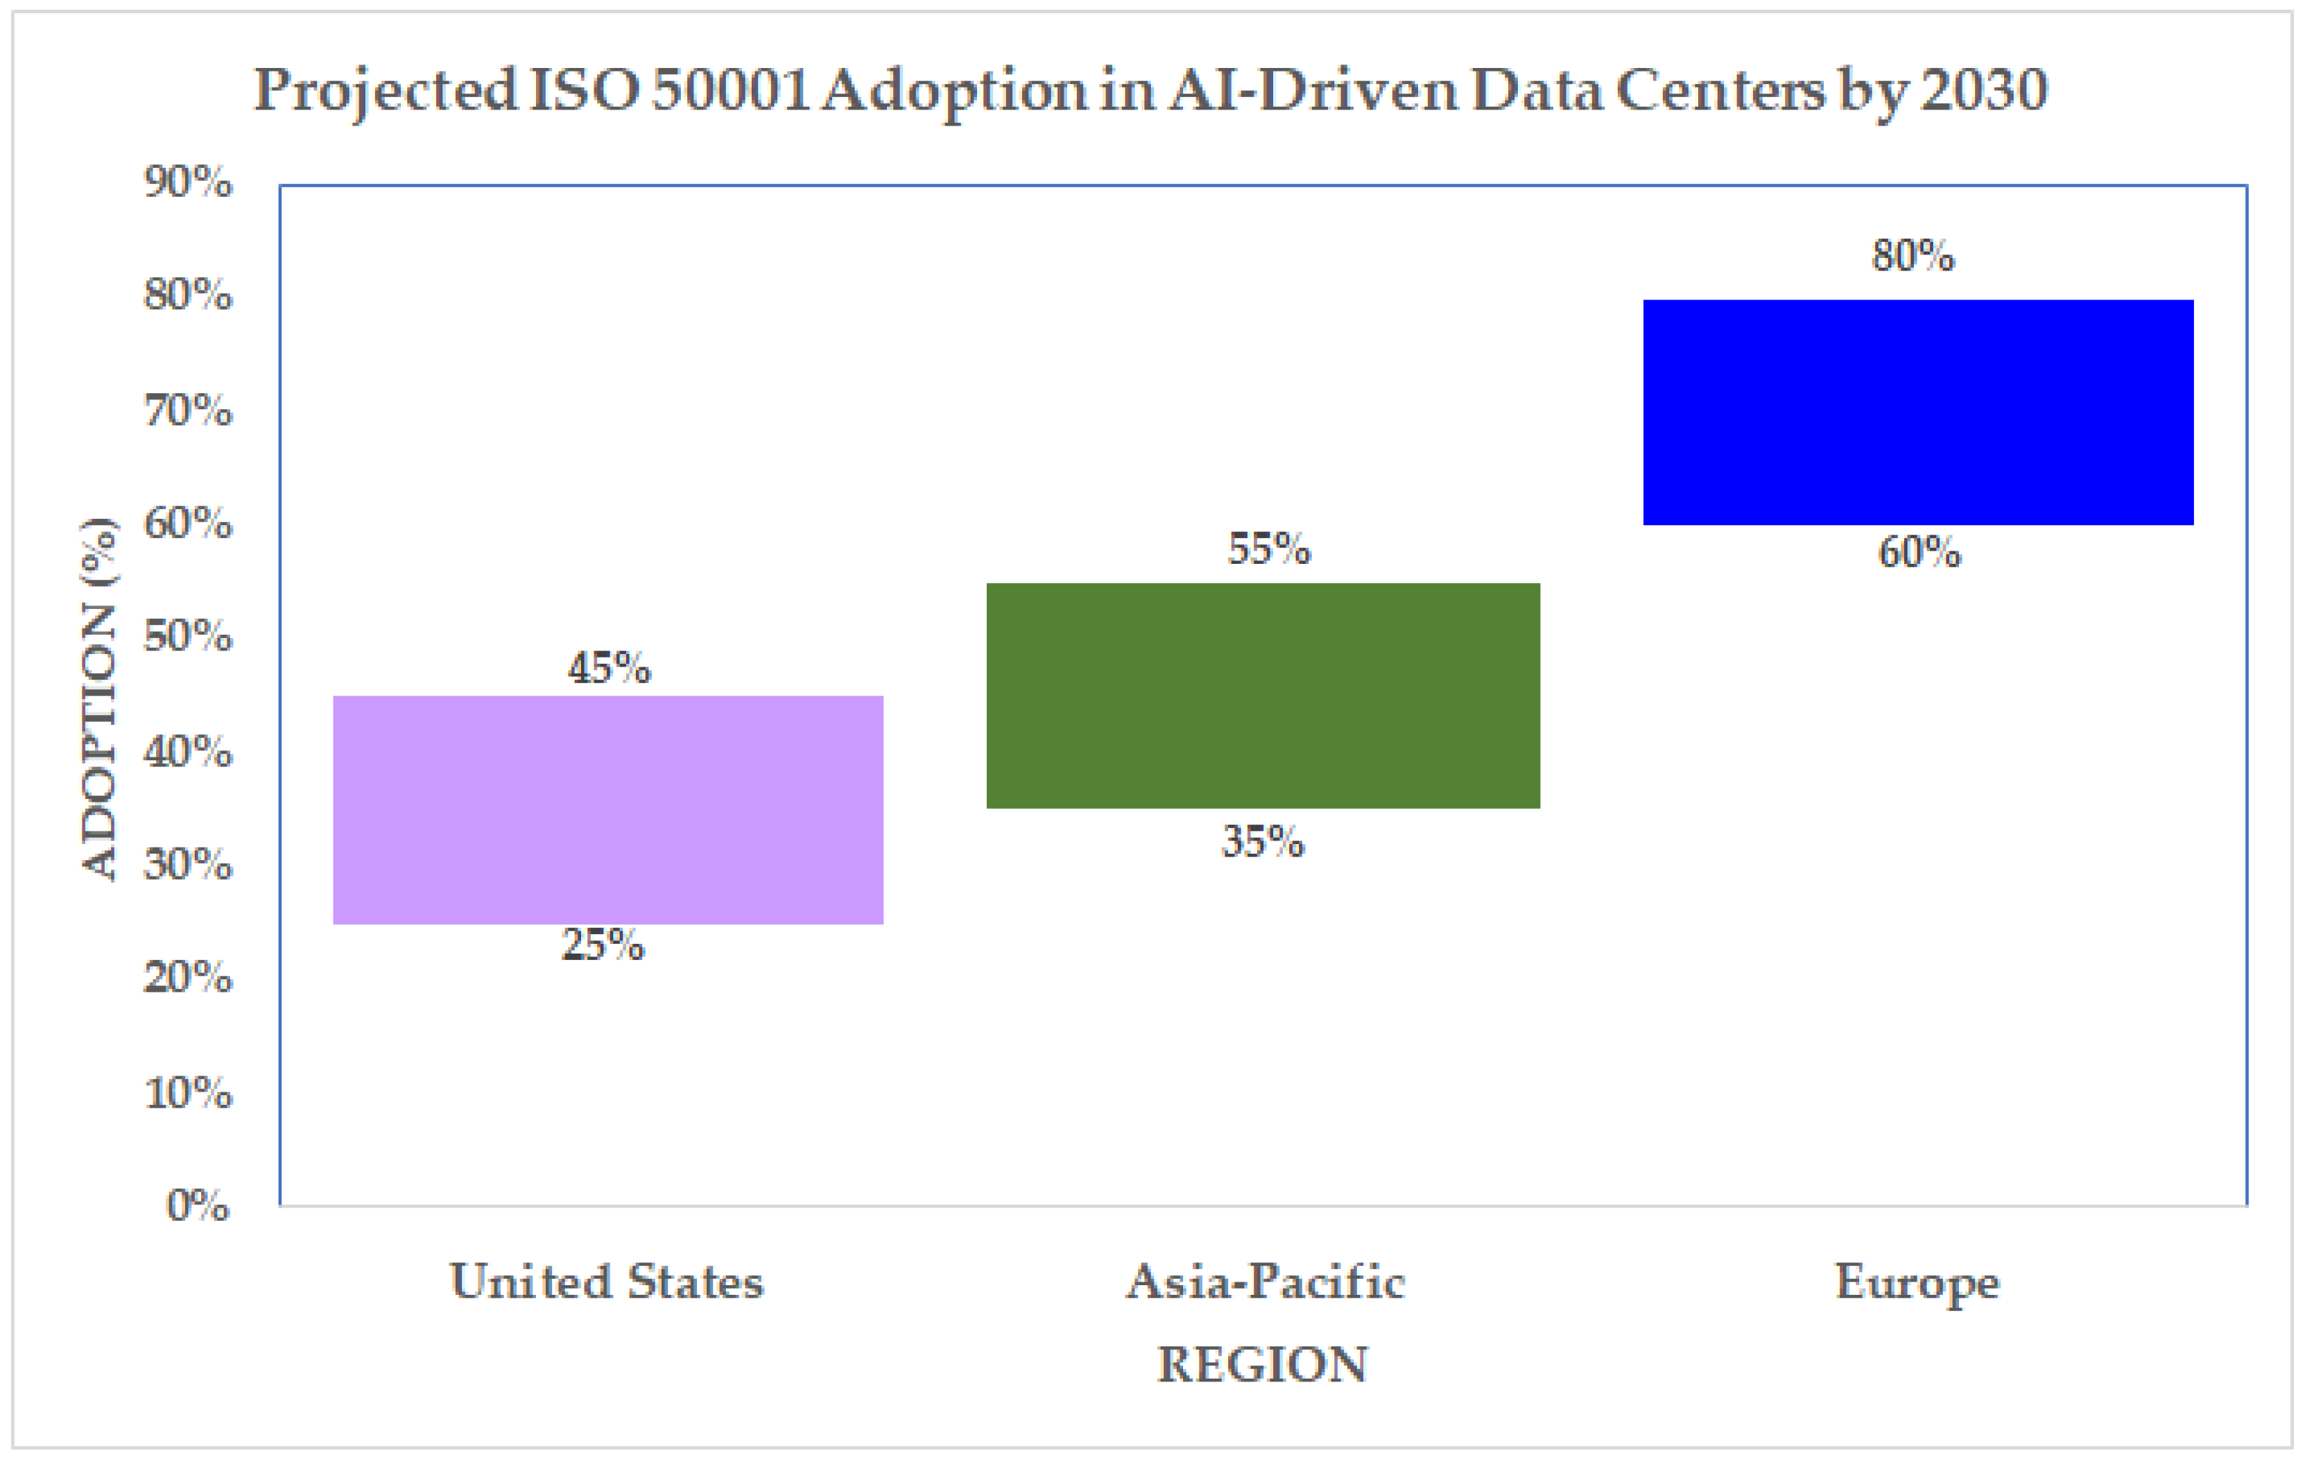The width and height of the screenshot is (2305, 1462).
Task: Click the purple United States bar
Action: [x=608, y=810]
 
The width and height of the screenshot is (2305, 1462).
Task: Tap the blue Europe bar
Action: [x=1918, y=413]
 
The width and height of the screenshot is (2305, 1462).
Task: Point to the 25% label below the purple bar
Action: [x=603, y=945]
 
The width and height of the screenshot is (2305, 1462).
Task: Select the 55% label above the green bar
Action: [x=1269, y=549]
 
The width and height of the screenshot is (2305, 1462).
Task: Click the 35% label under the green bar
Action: [x=1263, y=841]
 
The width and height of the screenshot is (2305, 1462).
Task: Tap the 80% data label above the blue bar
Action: [x=1913, y=256]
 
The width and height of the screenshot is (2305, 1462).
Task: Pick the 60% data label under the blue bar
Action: [x=1919, y=553]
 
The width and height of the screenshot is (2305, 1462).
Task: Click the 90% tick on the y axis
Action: [x=188, y=181]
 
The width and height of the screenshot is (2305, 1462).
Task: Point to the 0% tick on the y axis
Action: [x=198, y=1205]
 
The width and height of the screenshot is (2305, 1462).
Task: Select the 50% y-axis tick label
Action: [x=188, y=636]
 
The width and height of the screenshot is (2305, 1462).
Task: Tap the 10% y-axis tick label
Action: [x=188, y=1092]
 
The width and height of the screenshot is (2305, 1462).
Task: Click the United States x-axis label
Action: [x=607, y=1281]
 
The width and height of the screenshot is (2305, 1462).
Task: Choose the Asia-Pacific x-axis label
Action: [x=1266, y=1281]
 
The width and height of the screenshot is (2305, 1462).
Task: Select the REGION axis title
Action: [x=1263, y=1364]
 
